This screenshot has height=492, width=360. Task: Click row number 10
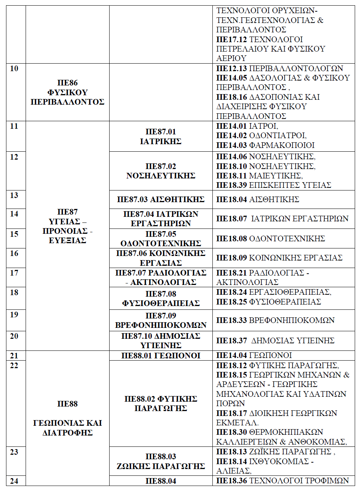point(14,69)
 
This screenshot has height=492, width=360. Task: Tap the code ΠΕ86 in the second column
point(67,83)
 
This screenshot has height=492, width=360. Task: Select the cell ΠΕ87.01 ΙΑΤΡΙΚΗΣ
point(161,136)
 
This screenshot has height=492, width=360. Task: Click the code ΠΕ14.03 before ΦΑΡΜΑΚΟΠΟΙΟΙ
point(231,145)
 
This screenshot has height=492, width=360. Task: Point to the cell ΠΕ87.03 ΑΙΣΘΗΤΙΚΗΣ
point(161,200)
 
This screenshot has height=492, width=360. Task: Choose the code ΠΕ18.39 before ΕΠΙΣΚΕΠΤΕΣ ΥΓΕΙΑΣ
point(231,185)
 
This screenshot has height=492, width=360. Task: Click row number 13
point(14,195)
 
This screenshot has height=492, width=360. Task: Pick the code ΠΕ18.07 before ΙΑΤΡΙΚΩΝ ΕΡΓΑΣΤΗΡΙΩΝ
point(231,219)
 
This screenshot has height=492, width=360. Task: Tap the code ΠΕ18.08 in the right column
point(231,239)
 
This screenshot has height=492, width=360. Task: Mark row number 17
point(14,273)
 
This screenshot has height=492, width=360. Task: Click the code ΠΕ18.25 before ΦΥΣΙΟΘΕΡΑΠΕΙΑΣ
point(231,302)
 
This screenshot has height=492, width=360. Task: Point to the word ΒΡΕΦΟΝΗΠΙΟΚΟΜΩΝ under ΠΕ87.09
point(161,325)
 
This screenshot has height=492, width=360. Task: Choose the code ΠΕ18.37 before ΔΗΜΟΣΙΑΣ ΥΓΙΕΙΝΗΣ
point(231,341)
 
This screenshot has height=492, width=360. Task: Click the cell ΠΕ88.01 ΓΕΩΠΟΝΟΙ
point(161,356)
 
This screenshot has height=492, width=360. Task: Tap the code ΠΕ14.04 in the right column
point(231,355)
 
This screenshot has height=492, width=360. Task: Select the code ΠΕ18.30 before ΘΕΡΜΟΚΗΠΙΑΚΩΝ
point(231,432)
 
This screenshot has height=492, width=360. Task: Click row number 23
point(14,452)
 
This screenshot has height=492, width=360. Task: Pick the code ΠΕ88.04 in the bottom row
point(161,481)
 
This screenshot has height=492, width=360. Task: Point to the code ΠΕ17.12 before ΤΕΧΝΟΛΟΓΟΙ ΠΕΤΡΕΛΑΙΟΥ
point(231,40)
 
